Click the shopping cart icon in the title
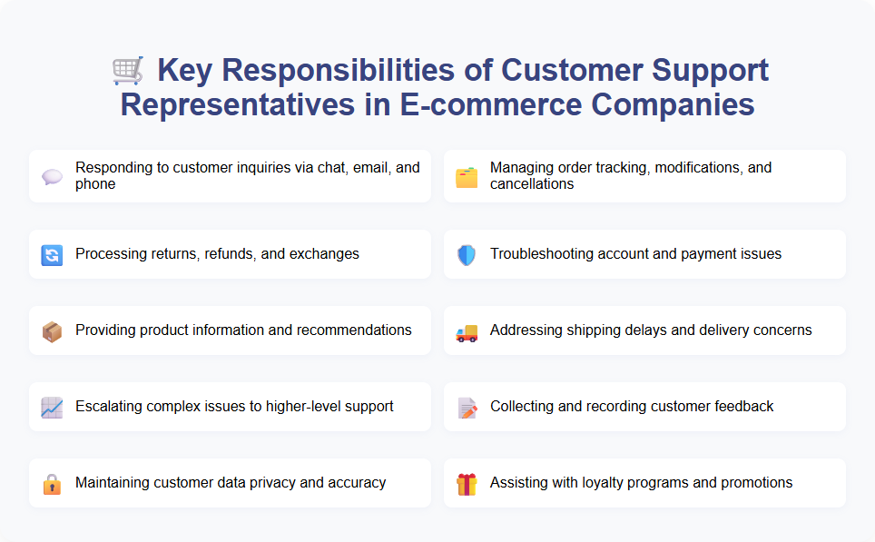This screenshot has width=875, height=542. pos(127,70)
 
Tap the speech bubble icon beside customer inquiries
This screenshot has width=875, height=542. pos(52,176)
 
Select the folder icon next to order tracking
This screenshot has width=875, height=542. pos(467,176)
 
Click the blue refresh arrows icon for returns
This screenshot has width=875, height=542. pos(52,254)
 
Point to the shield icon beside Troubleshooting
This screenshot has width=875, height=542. pos(467,254)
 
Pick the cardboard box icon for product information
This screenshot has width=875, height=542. pos(52,330)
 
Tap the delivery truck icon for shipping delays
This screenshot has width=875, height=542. pos(467,330)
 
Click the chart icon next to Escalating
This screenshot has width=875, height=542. pos(52,407)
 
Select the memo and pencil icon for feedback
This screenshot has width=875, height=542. pos(467,407)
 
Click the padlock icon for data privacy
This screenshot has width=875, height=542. pos(52,483)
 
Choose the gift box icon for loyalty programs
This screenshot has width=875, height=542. pos(467,483)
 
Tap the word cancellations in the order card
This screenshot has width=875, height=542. pos(532,184)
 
